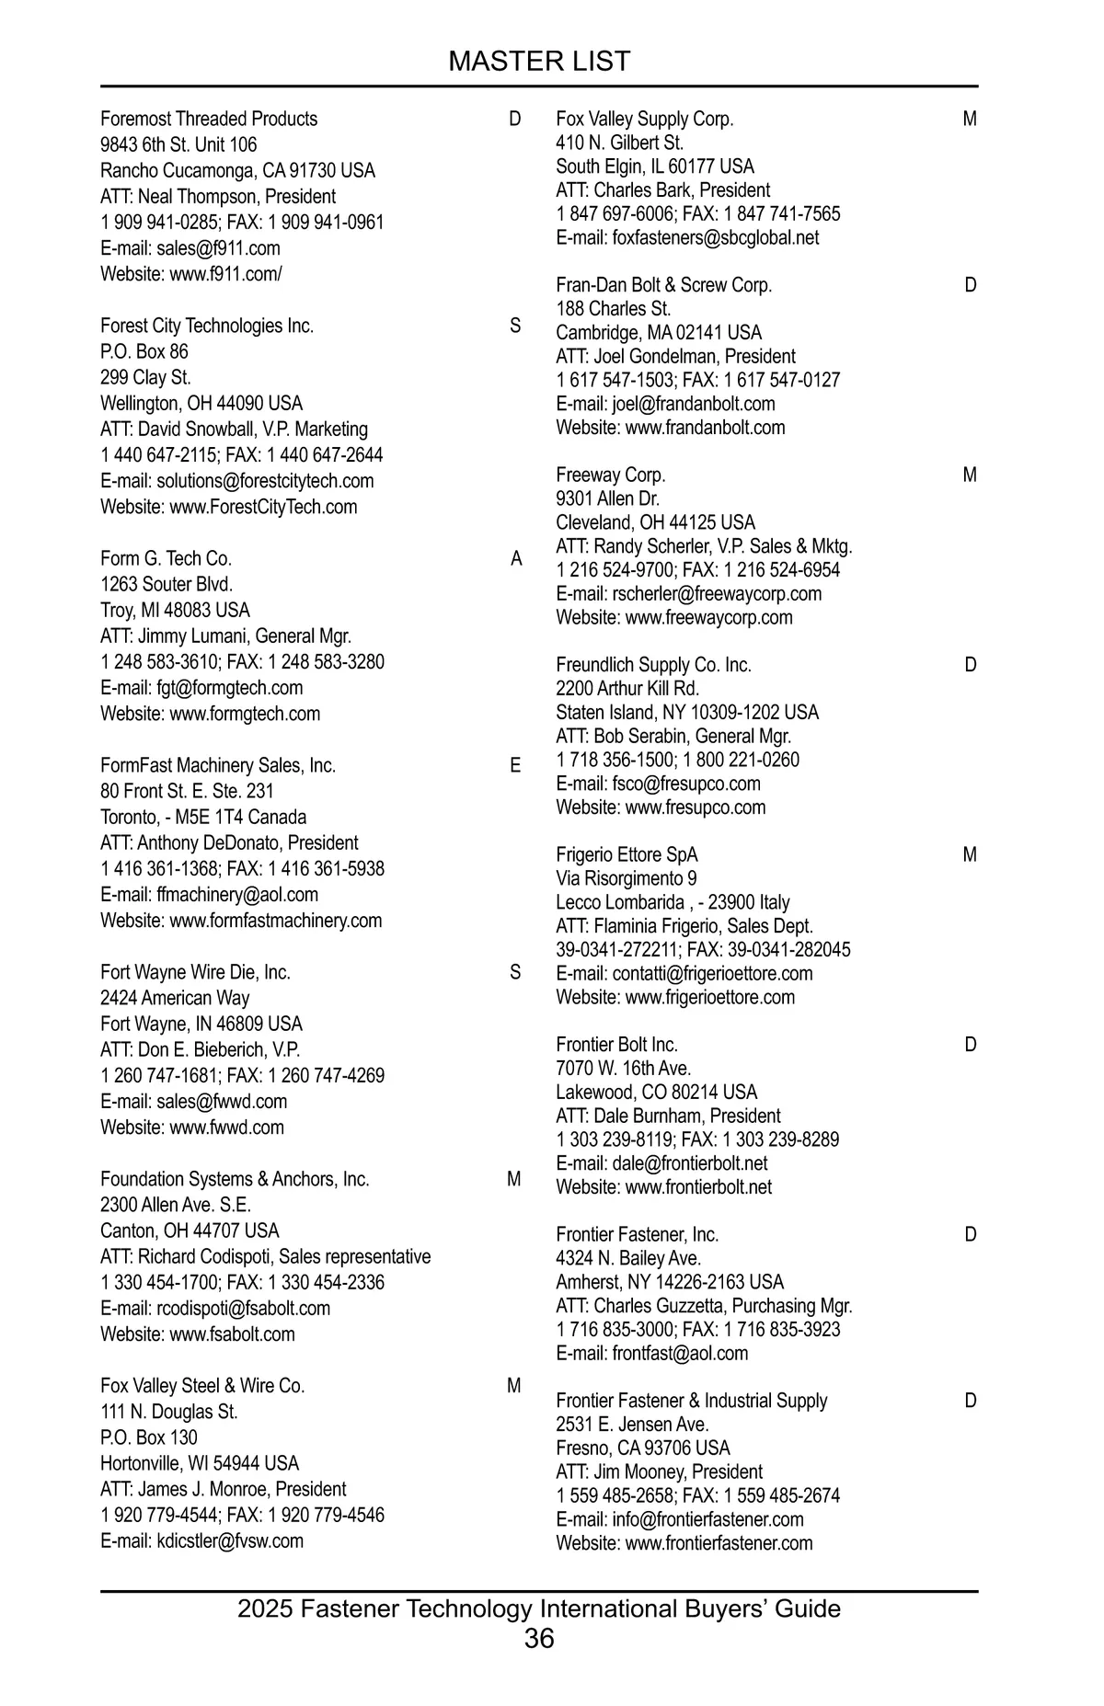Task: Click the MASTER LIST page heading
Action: (539, 62)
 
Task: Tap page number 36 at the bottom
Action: (539, 1638)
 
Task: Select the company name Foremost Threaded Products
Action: (209, 119)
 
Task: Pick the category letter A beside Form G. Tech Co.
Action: (516, 559)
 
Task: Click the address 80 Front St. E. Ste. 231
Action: (187, 791)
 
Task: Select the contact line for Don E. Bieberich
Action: (201, 1049)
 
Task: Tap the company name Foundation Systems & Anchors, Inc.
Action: (235, 1179)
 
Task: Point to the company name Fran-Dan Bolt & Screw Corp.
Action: (663, 285)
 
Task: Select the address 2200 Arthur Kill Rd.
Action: (627, 688)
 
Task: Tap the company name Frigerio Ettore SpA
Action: (627, 854)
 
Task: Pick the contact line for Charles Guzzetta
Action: (704, 1305)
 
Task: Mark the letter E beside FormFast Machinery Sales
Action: (515, 765)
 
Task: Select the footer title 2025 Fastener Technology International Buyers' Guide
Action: (539, 1609)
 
